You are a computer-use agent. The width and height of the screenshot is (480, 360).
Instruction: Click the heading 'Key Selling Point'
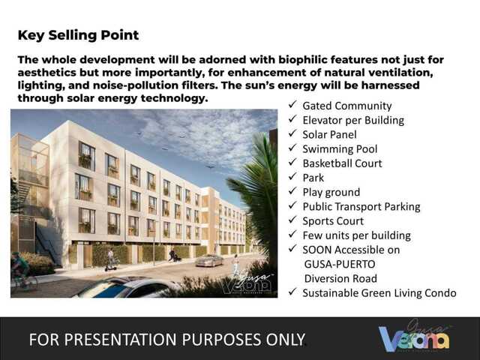click(x=78, y=35)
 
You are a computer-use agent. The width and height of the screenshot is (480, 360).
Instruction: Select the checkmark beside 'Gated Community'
click(x=292, y=106)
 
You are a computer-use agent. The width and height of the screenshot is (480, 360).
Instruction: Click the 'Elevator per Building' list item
click(x=352, y=120)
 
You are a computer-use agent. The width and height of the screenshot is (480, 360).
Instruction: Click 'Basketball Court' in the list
click(x=342, y=163)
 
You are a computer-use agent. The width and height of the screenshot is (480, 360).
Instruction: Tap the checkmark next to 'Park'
click(x=292, y=178)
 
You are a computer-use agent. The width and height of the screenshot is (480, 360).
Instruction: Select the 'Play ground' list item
click(x=331, y=192)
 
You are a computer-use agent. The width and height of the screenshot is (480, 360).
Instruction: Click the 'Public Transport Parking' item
click(x=361, y=206)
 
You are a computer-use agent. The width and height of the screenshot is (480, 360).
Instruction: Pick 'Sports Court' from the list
click(x=333, y=221)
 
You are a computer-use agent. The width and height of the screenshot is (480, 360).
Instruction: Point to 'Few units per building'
click(x=356, y=235)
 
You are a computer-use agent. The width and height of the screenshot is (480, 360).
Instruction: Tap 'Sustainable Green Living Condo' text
click(x=379, y=292)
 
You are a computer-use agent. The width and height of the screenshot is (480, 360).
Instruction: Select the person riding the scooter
click(x=110, y=259)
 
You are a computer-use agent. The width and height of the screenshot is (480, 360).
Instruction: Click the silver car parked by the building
click(x=209, y=260)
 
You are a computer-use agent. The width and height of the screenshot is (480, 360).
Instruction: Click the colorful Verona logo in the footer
click(x=415, y=338)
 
